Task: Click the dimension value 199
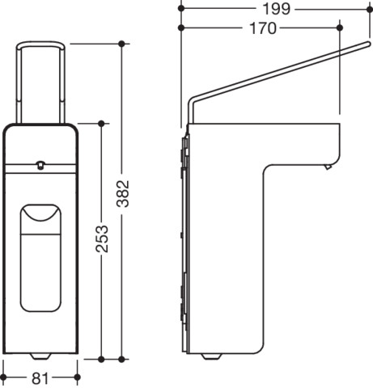pyautogui.click(x=276, y=9)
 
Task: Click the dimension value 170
pyautogui.click(x=263, y=28)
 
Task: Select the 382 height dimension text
pyautogui.click(x=123, y=193)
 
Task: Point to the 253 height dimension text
pyautogui.click(x=102, y=239)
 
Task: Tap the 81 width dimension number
pyautogui.click(x=40, y=378)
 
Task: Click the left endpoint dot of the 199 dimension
pyautogui.click(x=181, y=9)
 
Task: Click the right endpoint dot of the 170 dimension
pyautogui.click(x=340, y=27)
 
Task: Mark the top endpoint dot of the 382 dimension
pyautogui.click(x=121, y=44)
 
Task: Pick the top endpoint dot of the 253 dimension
pyautogui.click(x=101, y=124)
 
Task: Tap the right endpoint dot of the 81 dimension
pyautogui.click(x=78, y=377)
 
